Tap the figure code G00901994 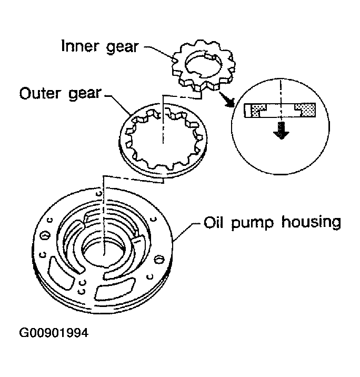tap(53, 333)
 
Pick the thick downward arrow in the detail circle tap(282, 130)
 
